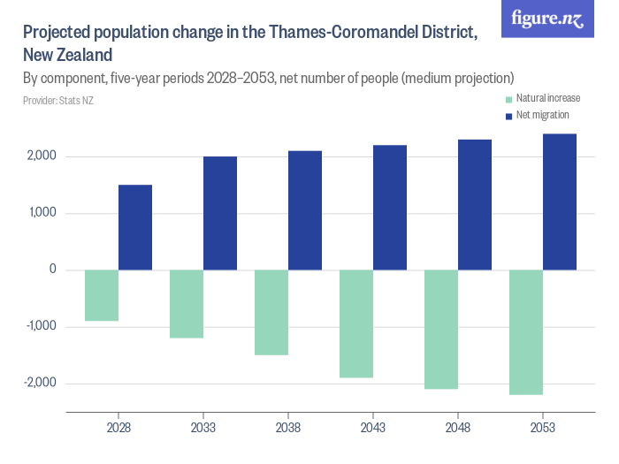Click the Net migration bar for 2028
pos(135,227)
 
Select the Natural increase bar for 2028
pos(102,295)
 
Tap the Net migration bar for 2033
pos(220,213)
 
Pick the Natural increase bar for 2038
pos(271,312)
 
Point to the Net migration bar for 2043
pos(390,208)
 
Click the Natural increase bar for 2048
pos(441,329)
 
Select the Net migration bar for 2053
pos(560,202)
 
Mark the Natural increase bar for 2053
pos(526,332)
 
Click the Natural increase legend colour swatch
pos(508,99)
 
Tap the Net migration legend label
pos(542,115)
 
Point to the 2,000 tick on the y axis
pos(42,156)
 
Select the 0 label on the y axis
pos(53,270)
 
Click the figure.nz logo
pos(547,19)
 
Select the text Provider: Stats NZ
pos(58,101)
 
